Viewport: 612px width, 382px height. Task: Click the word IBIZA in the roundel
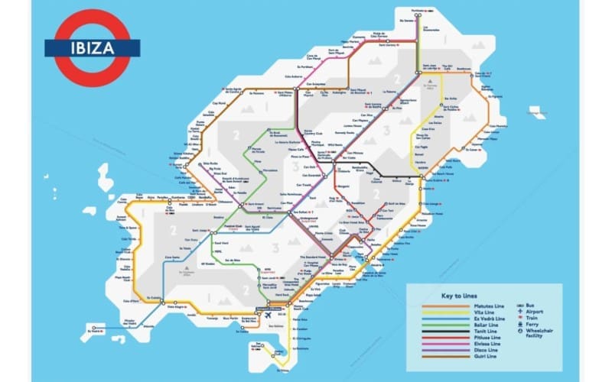[92, 47]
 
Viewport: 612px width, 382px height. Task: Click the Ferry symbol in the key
[519, 325]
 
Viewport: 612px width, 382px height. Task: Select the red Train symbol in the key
[519, 318]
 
